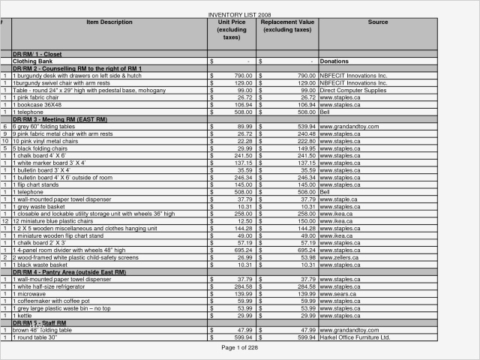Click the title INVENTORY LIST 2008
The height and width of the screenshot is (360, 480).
pos(239,15)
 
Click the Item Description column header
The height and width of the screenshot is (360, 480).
pos(109,22)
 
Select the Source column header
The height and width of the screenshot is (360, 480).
pos(378,22)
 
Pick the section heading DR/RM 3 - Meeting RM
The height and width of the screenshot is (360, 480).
pos(60,119)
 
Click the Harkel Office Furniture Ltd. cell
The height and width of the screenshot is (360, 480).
pos(355,337)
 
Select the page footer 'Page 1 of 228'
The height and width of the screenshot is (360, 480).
pos(240,348)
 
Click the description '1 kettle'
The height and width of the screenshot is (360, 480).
pos(28,316)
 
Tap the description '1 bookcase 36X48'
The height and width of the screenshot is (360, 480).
pos(42,105)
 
